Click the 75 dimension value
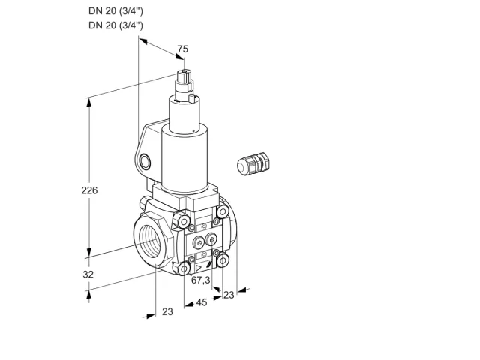pos(183,49)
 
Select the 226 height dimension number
pos(89,190)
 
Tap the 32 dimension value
pos(88,274)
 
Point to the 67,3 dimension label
pos(201,280)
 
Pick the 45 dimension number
pos(202,302)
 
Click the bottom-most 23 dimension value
pos(167,311)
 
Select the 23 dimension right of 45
pos(229,295)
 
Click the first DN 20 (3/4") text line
pos(115,11)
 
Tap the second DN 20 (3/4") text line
pos(115,25)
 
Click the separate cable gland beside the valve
pos(253,163)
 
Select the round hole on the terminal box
pos(145,162)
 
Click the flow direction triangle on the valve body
pos(199,268)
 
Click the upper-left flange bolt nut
pos(183,221)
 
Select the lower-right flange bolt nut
pos(223,260)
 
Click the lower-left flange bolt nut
pos(184,268)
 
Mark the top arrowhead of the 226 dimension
pos(89,103)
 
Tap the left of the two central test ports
pos(199,243)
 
